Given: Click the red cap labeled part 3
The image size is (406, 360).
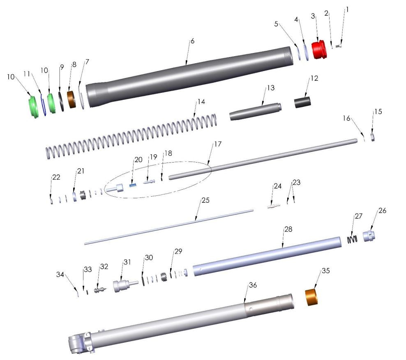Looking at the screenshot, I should click(318, 50).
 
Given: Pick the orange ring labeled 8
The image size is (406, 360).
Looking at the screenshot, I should click(72, 100).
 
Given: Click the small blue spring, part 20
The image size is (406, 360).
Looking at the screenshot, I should click(133, 185).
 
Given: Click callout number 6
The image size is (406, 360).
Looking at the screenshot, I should click(192, 42).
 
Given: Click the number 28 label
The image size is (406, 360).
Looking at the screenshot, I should click(288, 230).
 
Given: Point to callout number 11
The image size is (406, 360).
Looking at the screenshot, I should click(28, 73).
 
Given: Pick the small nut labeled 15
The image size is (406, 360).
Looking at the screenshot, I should click(371, 136).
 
